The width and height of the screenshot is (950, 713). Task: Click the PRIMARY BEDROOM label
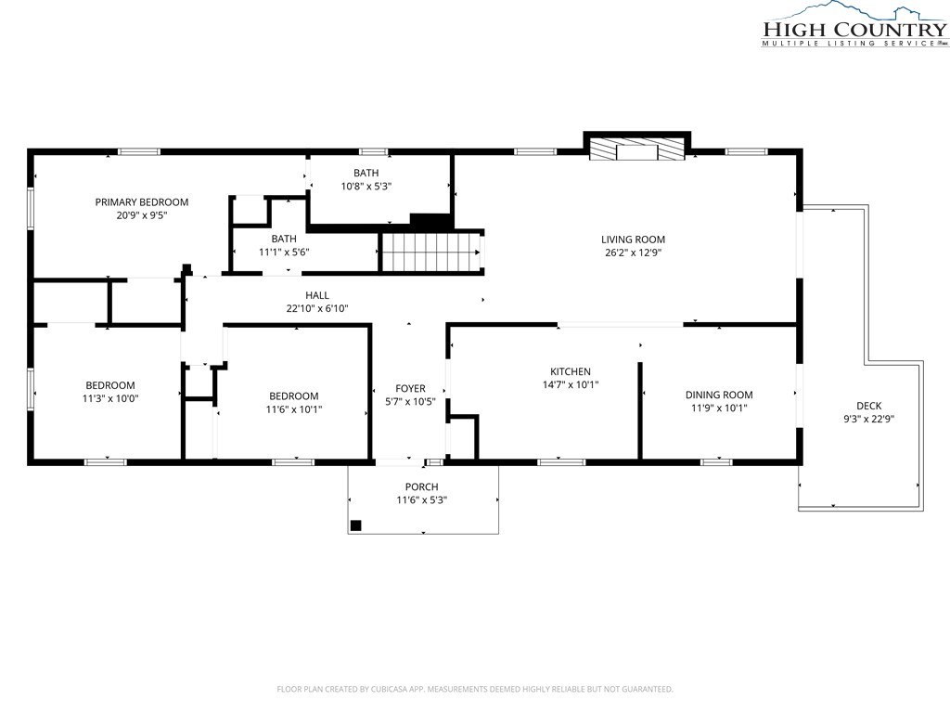[142, 201]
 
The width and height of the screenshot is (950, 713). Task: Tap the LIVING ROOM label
[633, 240]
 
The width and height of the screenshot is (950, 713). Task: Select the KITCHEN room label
[571, 371]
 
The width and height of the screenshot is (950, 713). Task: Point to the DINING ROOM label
[719, 395]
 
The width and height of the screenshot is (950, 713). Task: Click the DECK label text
[868, 406]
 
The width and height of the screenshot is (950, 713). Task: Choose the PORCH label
[422, 486]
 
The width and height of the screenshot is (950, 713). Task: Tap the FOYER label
[411, 389]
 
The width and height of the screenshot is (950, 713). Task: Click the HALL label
[317, 295]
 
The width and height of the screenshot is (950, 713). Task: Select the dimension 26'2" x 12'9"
[633, 253]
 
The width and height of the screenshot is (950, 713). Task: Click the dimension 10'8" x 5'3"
[366, 186]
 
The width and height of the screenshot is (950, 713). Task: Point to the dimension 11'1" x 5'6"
[284, 252]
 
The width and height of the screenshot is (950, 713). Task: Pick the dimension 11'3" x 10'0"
[110, 398]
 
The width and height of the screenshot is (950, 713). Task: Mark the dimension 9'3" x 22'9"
[868, 419]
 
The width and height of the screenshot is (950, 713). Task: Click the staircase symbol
[430, 253]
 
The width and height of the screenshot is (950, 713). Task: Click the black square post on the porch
[356, 525]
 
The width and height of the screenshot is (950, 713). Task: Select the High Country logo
[854, 24]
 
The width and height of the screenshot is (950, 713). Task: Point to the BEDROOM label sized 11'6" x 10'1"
[294, 396]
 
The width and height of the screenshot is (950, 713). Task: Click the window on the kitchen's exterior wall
[561, 462]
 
